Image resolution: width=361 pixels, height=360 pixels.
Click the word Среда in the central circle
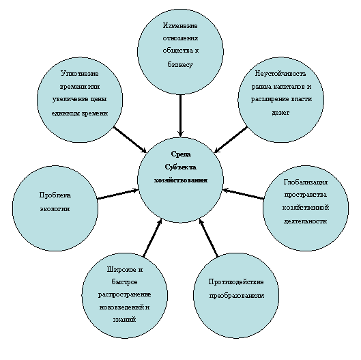tap(181, 154)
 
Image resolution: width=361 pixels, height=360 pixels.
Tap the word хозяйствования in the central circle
tap(181, 180)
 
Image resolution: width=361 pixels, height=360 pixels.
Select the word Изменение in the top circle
tap(180, 25)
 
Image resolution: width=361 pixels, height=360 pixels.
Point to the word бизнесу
tap(180, 65)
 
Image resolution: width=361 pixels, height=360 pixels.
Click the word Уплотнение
tap(80, 74)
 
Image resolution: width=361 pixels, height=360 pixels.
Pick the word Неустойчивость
tap(280, 74)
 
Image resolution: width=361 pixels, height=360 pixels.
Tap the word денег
tap(280, 113)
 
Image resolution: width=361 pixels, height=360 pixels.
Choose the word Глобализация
tap(306, 182)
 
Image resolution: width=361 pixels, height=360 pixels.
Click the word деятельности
tap(306, 221)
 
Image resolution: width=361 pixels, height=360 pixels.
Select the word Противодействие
tap(236, 282)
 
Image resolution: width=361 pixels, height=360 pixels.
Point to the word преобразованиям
tap(236, 296)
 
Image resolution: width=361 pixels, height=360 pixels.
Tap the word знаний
tap(124, 320)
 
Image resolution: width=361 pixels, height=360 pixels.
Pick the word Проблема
tap(55, 195)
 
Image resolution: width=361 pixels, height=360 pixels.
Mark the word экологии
tap(55, 209)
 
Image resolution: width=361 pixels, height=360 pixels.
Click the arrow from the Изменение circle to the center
tap(180, 115)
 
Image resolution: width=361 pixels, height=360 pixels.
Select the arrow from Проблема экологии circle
tap(118, 194)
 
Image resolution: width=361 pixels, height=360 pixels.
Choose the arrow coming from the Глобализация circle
tap(244, 193)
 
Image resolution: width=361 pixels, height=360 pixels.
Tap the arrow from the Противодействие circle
tap(208, 238)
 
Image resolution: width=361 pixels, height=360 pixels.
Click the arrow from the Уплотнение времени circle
tap(130, 139)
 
